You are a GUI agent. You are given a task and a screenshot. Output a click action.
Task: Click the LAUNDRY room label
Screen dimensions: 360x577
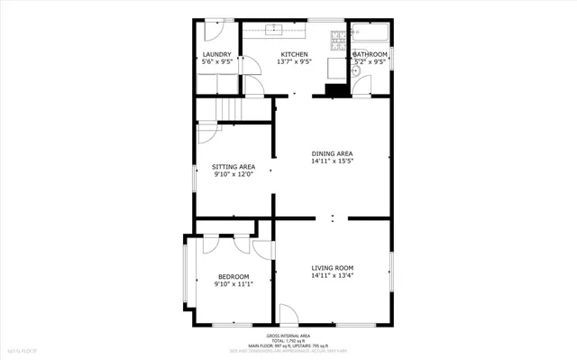click(217, 55)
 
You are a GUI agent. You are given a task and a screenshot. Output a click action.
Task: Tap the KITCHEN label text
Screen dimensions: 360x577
click(294, 55)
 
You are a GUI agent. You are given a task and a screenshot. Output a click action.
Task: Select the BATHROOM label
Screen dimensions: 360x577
click(370, 55)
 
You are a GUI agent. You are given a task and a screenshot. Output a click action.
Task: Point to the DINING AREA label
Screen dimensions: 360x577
click(332, 154)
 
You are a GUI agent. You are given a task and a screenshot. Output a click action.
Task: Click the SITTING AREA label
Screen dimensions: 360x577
click(234, 167)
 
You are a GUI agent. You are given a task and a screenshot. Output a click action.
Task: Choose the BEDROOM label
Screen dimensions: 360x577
click(234, 276)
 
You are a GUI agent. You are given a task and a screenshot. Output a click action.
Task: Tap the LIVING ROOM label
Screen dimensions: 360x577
click(332, 268)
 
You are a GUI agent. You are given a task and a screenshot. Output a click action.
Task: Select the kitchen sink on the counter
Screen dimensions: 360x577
click(279, 30)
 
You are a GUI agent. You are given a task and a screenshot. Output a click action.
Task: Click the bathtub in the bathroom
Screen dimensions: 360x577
click(370, 34)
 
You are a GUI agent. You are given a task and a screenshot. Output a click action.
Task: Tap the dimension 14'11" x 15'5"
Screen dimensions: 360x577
click(332, 162)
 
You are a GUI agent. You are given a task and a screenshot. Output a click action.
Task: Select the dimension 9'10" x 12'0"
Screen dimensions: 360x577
click(234, 175)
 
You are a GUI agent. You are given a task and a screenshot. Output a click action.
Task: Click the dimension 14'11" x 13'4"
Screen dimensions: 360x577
click(332, 276)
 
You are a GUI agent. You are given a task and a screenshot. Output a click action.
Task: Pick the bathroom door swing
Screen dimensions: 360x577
click(361, 87)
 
